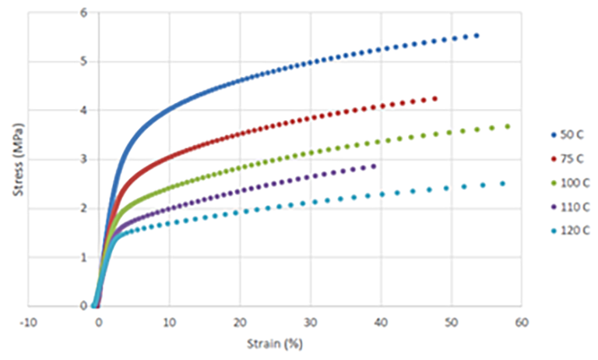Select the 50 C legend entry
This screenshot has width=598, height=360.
point(568,135)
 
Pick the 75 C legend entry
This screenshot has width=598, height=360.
point(568,159)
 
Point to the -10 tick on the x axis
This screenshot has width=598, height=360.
point(28,322)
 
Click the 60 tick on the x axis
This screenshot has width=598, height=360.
point(522,322)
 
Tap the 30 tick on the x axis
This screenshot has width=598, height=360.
point(310,322)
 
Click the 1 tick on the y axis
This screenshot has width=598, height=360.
point(83,257)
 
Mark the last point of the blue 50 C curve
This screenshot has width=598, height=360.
point(477,36)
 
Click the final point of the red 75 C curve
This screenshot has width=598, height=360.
point(434,99)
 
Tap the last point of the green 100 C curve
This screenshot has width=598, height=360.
point(508,126)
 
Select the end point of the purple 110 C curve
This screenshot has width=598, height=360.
point(374,166)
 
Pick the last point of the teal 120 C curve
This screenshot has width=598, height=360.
point(502,184)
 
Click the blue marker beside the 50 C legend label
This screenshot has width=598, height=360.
point(554,135)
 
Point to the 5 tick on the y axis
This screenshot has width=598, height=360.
point(83,62)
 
